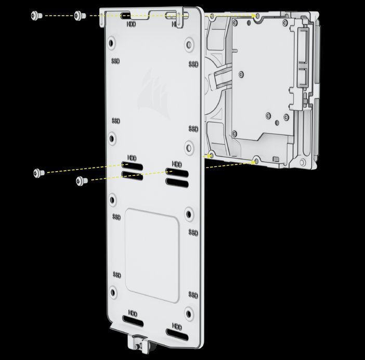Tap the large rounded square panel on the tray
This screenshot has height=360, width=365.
152,255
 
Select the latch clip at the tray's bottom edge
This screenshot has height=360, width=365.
138,342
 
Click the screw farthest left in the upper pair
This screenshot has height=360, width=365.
36,16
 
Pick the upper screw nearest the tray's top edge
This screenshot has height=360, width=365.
80,16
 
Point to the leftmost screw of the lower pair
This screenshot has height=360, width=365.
39,173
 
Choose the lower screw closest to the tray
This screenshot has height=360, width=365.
82,181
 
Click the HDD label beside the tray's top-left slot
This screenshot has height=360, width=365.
132,24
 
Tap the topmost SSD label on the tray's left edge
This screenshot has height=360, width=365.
116,61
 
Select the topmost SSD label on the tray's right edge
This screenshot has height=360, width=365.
193,64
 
